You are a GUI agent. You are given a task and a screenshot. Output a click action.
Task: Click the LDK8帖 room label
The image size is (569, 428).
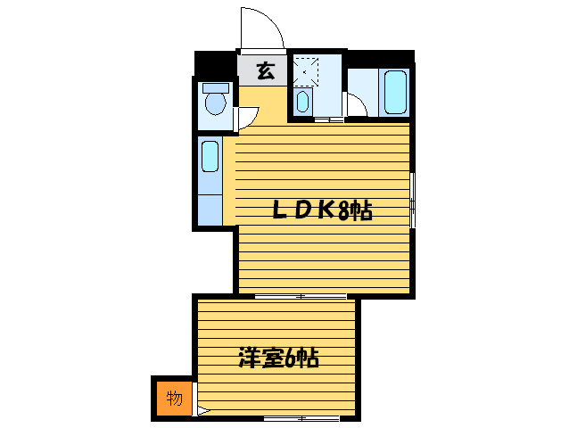(x=321, y=210)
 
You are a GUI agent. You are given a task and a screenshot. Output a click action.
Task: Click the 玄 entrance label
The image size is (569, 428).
(x=265, y=71)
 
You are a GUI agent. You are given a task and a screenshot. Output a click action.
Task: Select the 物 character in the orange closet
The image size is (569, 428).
(x=175, y=398)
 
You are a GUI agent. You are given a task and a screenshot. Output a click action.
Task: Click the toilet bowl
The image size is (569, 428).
(x=214, y=101)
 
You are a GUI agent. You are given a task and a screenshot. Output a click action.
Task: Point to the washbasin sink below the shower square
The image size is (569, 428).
(x=301, y=101)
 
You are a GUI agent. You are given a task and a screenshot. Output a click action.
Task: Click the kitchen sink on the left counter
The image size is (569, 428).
(x=210, y=157)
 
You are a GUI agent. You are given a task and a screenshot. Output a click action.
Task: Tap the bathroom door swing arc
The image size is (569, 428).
(x=357, y=107)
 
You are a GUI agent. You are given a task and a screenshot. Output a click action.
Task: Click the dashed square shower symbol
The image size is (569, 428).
(x=307, y=69)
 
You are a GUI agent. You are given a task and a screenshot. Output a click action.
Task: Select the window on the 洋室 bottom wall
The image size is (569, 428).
(x=299, y=418)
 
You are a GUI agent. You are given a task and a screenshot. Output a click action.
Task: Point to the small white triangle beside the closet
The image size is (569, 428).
(x=202, y=411)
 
